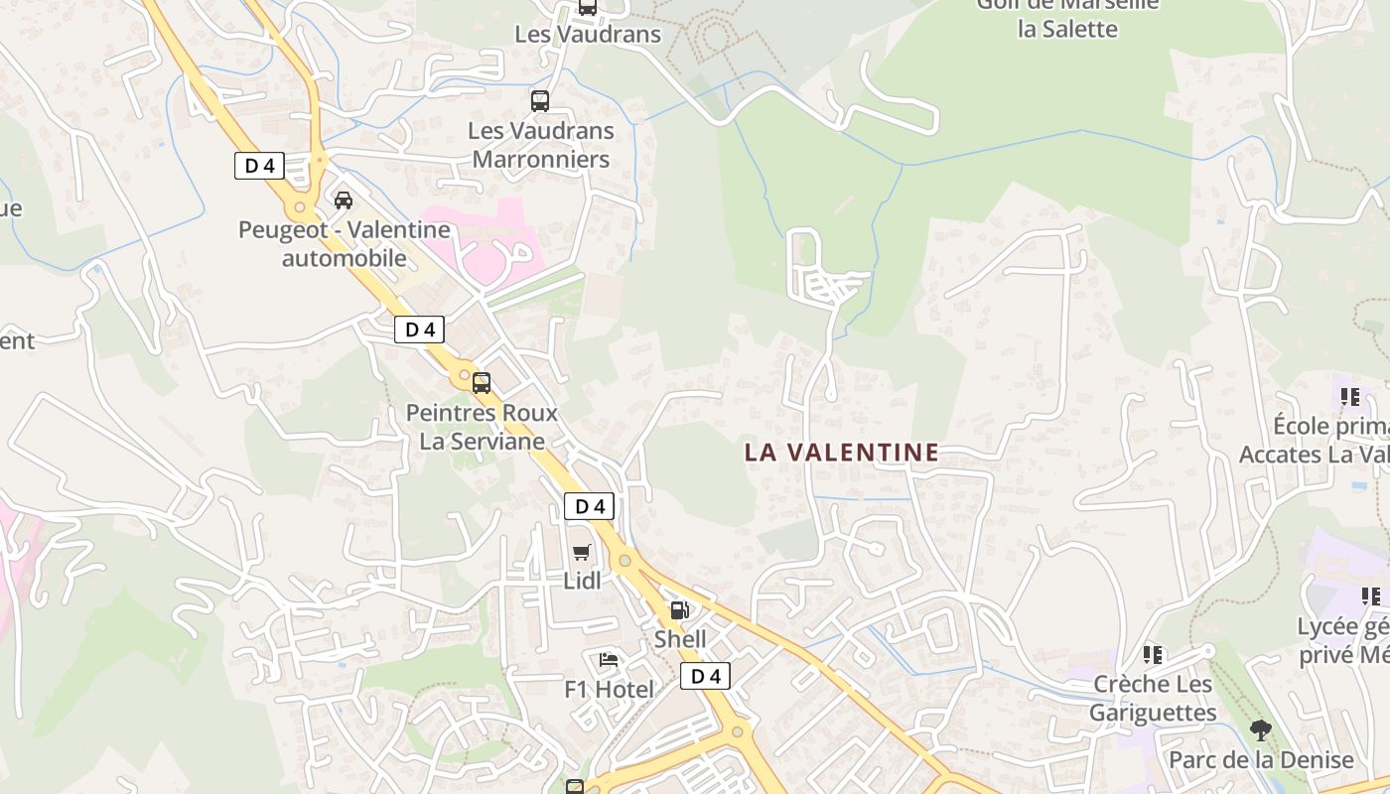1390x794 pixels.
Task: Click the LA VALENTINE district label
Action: coord(842,453)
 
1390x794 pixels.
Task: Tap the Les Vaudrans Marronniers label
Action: coord(541,145)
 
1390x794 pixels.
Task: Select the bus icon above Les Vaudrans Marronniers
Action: coord(540,100)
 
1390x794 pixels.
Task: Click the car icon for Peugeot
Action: coord(344,200)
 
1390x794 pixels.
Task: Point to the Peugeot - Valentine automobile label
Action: coord(344,244)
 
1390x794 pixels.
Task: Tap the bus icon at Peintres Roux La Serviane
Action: coord(482,383)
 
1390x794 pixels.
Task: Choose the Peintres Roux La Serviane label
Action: coord(482,427)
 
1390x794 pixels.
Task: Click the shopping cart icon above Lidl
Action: coord(581,553)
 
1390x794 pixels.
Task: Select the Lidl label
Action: coord(582,582)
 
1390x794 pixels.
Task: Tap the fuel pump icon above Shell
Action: coord(679,610)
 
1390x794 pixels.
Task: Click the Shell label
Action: coord(680,639)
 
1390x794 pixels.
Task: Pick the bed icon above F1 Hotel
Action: coord(609,660)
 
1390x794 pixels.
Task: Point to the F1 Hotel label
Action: coord(609,690)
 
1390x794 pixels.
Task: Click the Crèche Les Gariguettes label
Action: coord(1153,699)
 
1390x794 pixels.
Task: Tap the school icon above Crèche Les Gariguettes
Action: coord(1153,655)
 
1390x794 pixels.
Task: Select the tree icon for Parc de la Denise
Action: coord(1261,731)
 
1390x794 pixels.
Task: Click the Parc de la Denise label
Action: coord(1261,760)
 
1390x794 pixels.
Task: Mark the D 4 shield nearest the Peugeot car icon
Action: coord(259,166)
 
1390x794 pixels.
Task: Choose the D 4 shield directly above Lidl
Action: coord(590,506)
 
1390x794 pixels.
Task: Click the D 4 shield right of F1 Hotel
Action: coord(705,677)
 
